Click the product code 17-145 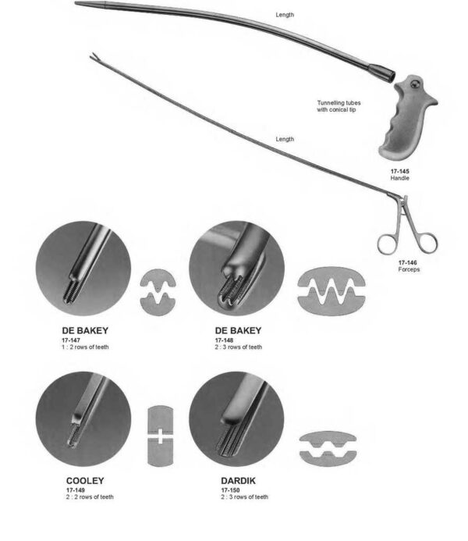pos(399,170)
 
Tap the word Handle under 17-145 pos(399,178)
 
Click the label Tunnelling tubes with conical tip pos(339,106)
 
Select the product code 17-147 pos(72,340)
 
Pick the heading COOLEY pos(86,481)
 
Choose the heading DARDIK pos(239,481)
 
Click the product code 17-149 pos(76,490)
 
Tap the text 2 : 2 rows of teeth pos(90,497)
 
